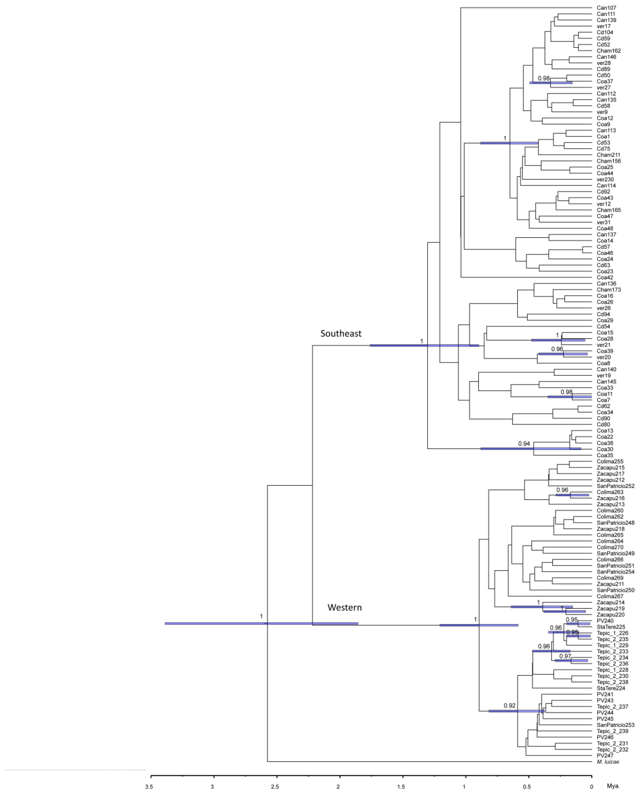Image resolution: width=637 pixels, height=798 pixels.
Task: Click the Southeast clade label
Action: coord(341,333)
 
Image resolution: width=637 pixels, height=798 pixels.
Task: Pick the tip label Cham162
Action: coord(608,51)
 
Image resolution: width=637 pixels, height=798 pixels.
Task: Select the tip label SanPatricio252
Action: coord(615,486)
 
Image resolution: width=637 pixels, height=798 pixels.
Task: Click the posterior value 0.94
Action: coord(524,443)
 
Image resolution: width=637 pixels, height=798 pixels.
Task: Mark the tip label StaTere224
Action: coord(611,688)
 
